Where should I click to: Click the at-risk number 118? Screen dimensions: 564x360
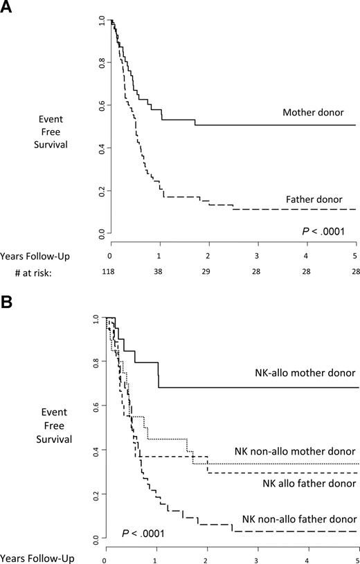(x=111, y=274)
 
